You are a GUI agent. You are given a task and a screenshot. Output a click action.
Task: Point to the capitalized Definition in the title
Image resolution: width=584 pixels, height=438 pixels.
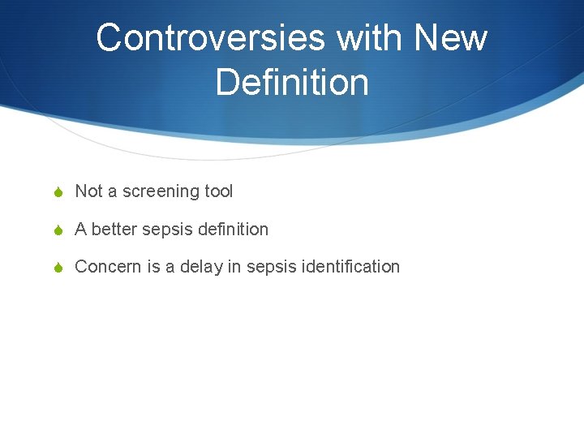[x=292, y=82]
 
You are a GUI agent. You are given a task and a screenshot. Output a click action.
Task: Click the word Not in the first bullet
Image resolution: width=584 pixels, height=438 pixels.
[x=88, y=191]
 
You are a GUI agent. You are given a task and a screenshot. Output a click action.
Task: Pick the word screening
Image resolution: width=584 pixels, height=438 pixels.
[x=161, y=192]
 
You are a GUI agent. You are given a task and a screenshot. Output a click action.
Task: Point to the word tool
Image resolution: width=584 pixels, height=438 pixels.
[x=218, y=191]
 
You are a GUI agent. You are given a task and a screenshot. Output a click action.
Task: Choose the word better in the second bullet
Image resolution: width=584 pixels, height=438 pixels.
[x=114, y=230]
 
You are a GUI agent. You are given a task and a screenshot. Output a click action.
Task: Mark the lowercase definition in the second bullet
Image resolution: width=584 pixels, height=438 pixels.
[x=231, y=230]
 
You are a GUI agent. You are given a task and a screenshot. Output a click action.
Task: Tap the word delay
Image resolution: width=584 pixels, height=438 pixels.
[x=200, y=267]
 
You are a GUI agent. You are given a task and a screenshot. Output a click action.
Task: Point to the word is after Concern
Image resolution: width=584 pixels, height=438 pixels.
[x=153, y=267]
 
